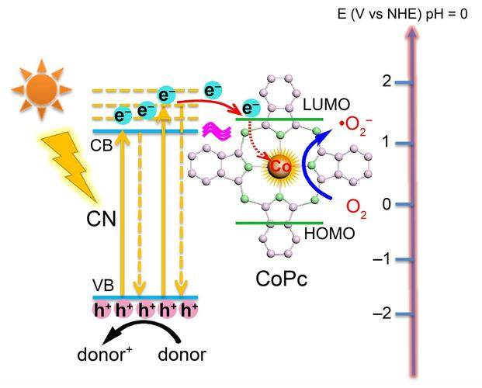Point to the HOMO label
click(x=331, y=234)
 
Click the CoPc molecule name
click(x=282, y=279)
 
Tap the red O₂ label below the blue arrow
click(x=356, y=208)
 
